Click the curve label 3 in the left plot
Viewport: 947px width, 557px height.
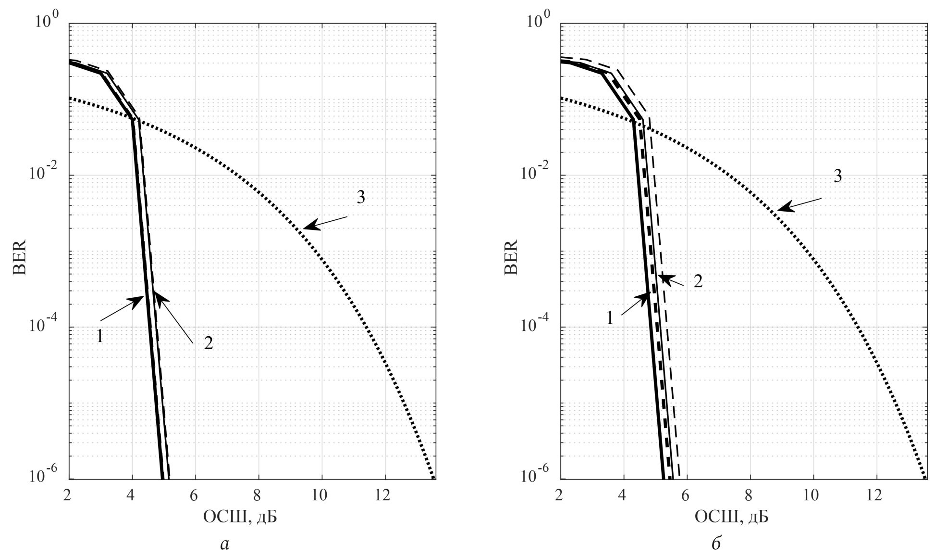coord(361,197)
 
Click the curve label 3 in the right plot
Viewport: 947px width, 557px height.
coord(837,177)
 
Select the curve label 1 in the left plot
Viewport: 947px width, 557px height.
coord(100,336)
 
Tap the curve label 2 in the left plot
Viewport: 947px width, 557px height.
coord(208,343)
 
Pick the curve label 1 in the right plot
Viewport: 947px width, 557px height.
coord(610,317)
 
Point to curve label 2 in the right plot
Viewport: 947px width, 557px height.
coord(698,281)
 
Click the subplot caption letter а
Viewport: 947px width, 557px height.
coord(224,544)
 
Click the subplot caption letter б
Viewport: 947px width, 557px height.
coord(716,544)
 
